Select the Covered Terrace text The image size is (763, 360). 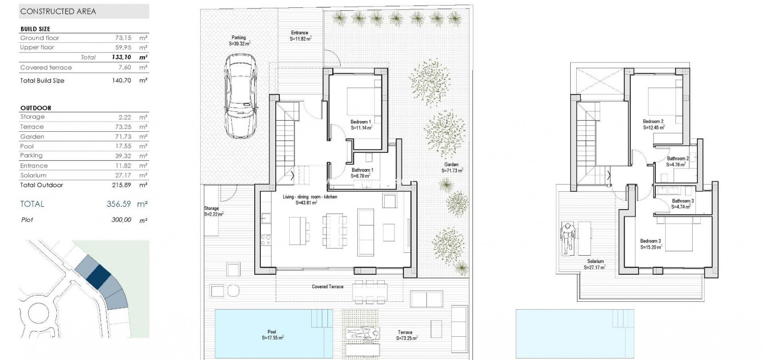click(x=327, y=286)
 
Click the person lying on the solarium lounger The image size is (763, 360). click(x=568, y=238)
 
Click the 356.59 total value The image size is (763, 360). click(x=120, y=204)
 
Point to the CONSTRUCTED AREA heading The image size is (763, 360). click(x=58, y=11)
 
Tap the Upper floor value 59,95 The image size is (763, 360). click(x=123, y=48)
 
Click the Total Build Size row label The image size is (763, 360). click(x=42, y=81)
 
